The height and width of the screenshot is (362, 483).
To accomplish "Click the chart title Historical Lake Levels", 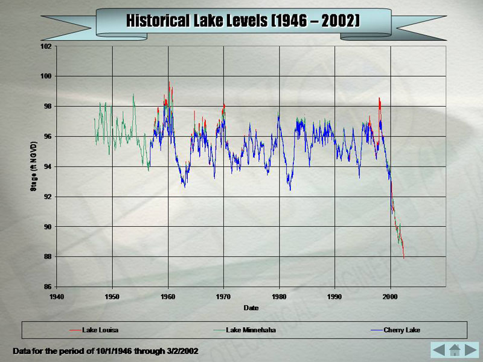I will (x=243, y=21).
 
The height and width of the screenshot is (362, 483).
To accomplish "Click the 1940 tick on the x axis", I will (x=57, y=297).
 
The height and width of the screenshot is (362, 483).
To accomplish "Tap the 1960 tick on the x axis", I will (x=168, y=297).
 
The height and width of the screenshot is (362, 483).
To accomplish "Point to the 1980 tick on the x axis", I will (x=280, y=297).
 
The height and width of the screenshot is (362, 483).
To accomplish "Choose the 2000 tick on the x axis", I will (x=391, y=297).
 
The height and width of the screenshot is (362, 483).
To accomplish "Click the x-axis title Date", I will (x=251, y=308).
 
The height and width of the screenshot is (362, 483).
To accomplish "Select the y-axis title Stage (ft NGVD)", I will (x=34, y=167).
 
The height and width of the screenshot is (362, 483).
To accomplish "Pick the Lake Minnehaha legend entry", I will (x=251, y=330).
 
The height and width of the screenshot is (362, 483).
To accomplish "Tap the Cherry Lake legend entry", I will (x=401, y=330).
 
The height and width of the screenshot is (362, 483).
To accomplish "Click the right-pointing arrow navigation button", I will (x=472, y=349).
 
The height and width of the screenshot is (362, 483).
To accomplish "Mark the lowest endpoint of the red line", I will (x=404, y=258).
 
